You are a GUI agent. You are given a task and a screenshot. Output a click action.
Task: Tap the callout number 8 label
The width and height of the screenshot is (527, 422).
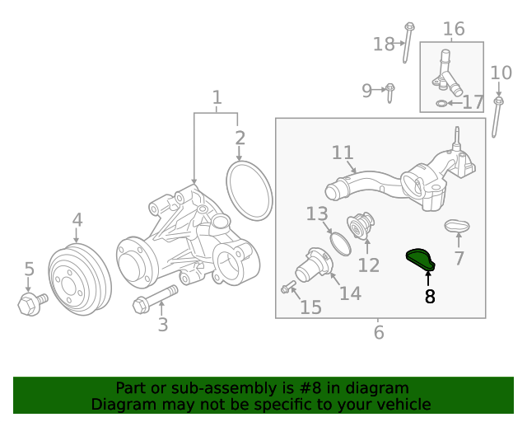tap(429, 297)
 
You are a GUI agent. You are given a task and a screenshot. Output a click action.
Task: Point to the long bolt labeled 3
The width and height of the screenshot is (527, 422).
tap(154, 298)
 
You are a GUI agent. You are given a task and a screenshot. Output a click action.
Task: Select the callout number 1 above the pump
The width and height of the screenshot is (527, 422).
tap(217, 98)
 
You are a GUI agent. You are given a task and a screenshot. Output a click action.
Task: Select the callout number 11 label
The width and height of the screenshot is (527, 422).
tap(343, 152)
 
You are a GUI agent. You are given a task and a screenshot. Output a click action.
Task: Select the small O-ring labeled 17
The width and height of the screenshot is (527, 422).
tap(442, 103)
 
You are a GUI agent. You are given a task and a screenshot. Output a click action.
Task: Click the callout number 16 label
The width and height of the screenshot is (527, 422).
tap(454, 30)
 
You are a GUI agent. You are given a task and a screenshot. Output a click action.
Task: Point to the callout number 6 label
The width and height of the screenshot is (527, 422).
tap(379, 332)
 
